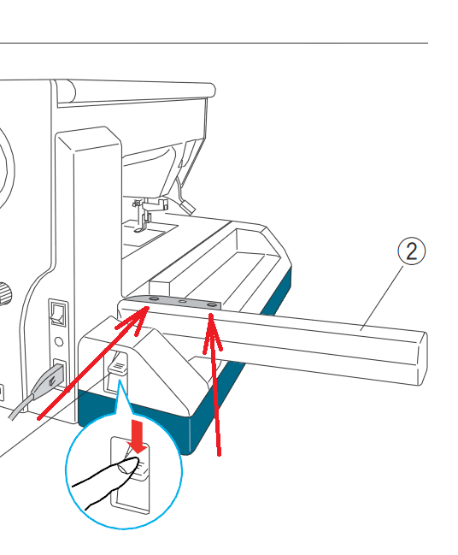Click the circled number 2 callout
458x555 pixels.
411,251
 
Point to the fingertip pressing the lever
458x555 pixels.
128,465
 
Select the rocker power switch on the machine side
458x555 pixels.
58,312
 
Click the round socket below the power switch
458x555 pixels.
59,341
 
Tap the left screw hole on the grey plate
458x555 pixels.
154,298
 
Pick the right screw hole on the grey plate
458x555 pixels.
212,304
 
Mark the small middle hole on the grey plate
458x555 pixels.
183,302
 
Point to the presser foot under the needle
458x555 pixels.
138,230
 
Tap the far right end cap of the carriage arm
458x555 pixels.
422,358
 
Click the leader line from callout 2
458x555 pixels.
382,298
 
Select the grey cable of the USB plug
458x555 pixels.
22,407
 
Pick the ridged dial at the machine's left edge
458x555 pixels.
5,293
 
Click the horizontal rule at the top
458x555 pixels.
214,43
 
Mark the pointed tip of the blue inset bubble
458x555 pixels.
120,381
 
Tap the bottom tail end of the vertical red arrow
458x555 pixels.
220,455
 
